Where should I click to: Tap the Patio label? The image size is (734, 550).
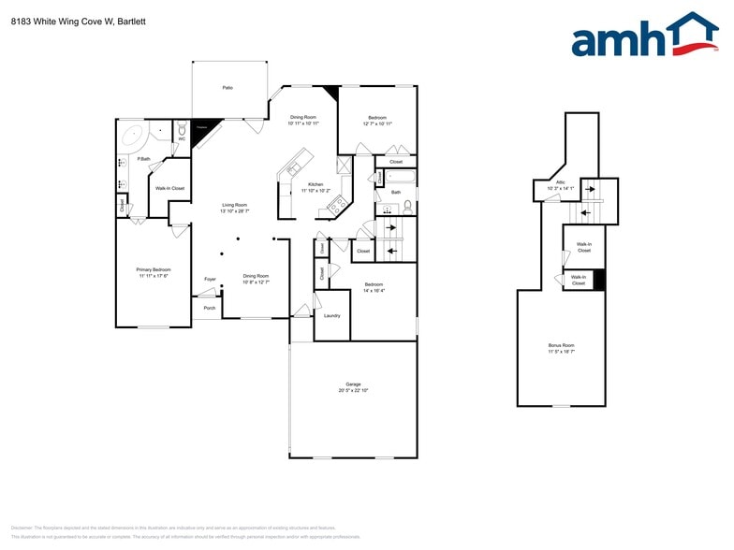(228, 88)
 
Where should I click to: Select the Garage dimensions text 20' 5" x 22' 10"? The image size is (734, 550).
(353, 390)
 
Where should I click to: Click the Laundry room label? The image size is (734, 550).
(331, 316)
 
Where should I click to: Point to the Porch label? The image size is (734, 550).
(210, 308)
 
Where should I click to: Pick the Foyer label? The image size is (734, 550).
(211, 279)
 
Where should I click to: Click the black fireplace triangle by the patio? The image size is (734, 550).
(200, 131)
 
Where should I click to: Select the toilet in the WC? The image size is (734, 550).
(182, 130)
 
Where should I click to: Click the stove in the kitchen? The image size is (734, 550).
(334, 206)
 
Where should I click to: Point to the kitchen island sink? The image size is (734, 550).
(293, 168)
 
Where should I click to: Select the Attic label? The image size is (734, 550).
(561, 182)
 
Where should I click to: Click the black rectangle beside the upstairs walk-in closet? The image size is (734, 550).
(600, 280)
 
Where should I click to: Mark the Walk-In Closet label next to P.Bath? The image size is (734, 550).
(169, 188)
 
